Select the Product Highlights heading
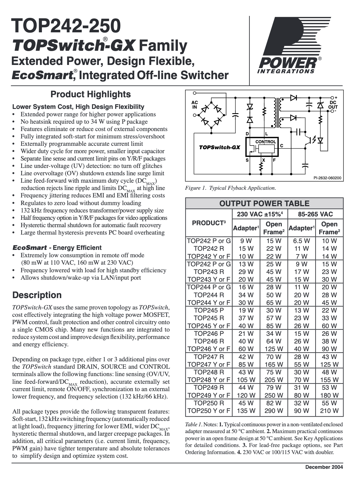[90, 94]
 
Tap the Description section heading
[37, 295]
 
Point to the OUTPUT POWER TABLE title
[264, 203]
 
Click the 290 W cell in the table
[274, 410]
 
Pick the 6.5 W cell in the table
[301, 241]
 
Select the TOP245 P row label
[209, 310]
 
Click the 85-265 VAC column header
[315, 214]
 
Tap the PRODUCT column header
[209, 223]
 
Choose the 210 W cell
[329, 410]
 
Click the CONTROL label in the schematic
[266, 142]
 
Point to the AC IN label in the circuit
[195, 105]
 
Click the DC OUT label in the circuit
[333, 105]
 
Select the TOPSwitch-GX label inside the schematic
[219, 147]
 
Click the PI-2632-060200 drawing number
[327, 178]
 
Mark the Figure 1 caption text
[230, 188]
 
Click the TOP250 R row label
[209, 403]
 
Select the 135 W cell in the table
[246, 410]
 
